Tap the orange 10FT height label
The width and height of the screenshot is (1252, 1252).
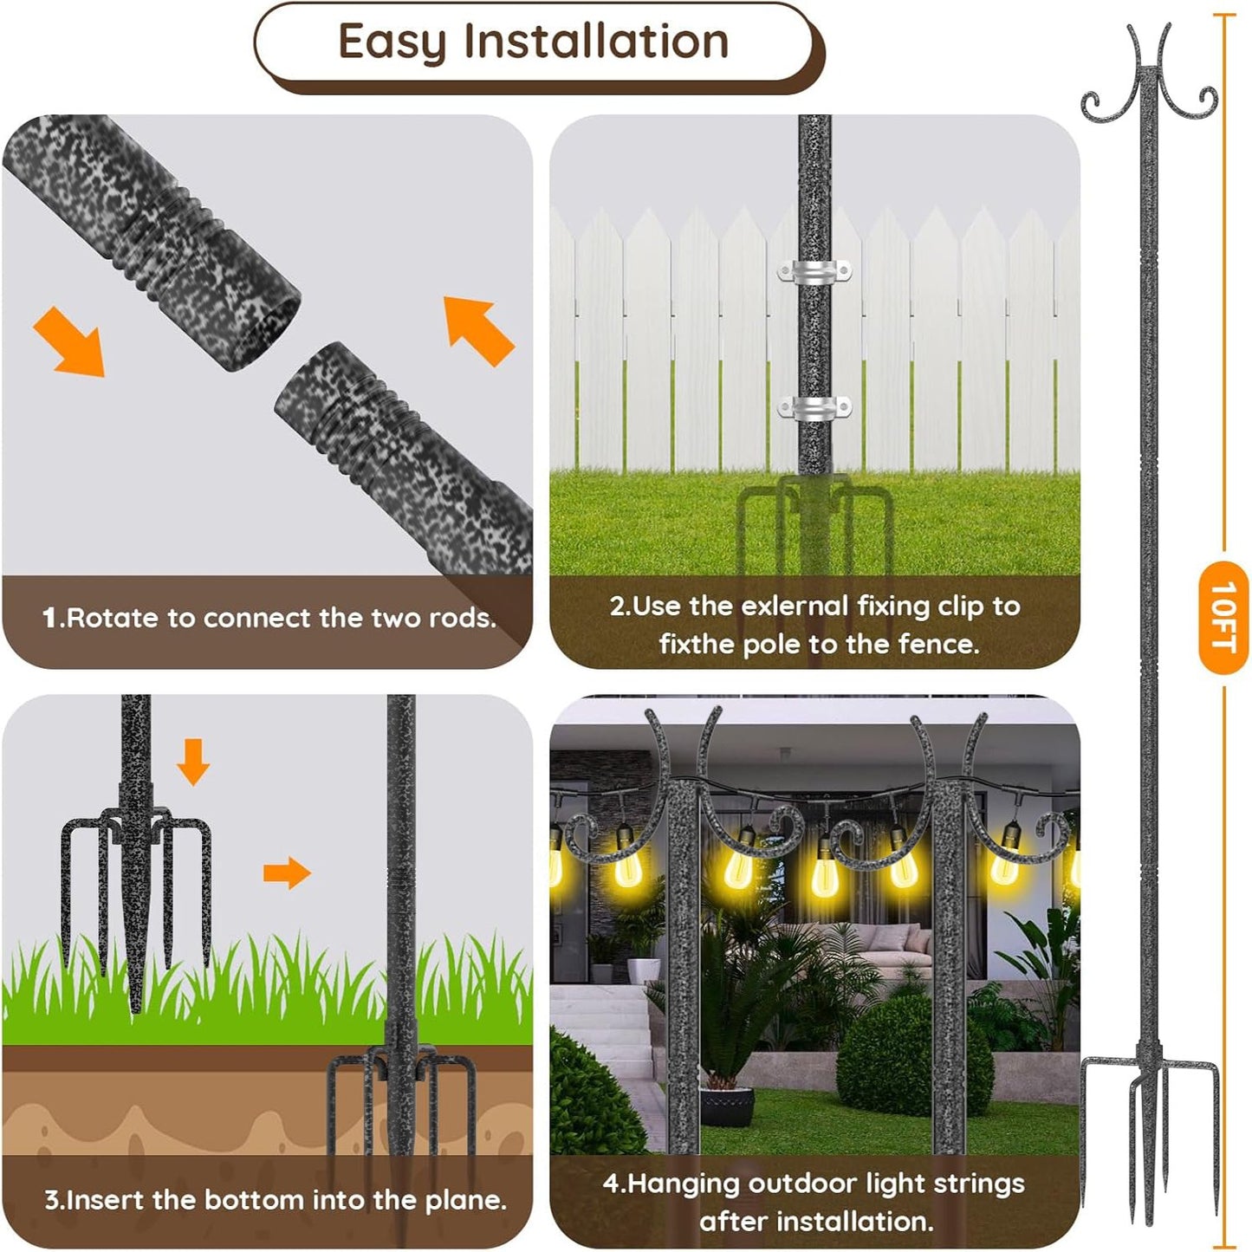point(1223,616)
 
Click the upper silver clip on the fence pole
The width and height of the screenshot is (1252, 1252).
point(814,271)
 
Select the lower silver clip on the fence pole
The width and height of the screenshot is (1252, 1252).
point(814,407)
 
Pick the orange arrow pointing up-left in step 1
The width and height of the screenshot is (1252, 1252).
point(478,330)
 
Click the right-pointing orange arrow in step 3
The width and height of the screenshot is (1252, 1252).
point(287,873)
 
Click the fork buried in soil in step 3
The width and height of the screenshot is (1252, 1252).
point(400,1092)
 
